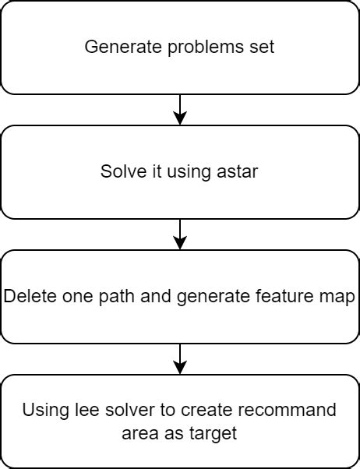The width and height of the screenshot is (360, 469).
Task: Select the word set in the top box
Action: [262, 47]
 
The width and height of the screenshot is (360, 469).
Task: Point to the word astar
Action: [237, 172]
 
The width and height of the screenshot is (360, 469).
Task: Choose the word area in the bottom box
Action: [139, 432]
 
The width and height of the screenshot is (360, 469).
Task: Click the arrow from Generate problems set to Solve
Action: [180, 110]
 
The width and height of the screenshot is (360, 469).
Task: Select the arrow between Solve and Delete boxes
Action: [180, 235]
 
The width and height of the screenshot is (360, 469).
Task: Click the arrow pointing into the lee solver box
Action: [180, 359]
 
